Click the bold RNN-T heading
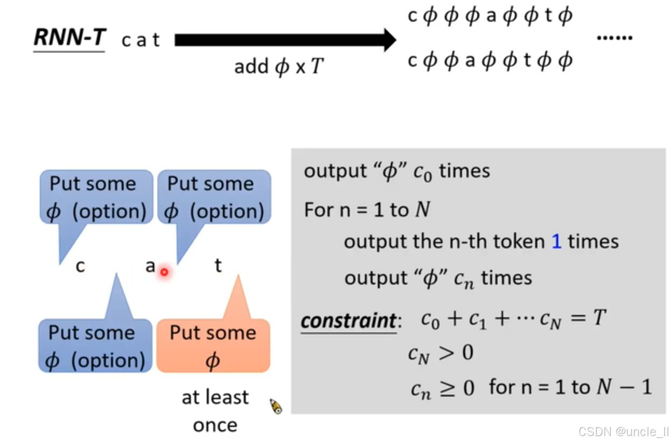[69, 38]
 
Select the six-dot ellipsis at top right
[614, 38]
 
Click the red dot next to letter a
[164, 272]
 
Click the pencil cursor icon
[276, 407]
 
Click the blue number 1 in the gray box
[556, 241]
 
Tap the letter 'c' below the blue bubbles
[80, 266]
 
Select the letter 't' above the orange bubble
[218, 265]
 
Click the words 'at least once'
[215, 411]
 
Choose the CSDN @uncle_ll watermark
[624, 431]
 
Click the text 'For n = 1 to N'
[367, 209]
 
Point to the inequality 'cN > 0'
[441, 353]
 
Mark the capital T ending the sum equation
[599, 319]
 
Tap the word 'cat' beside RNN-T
[141, 40]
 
